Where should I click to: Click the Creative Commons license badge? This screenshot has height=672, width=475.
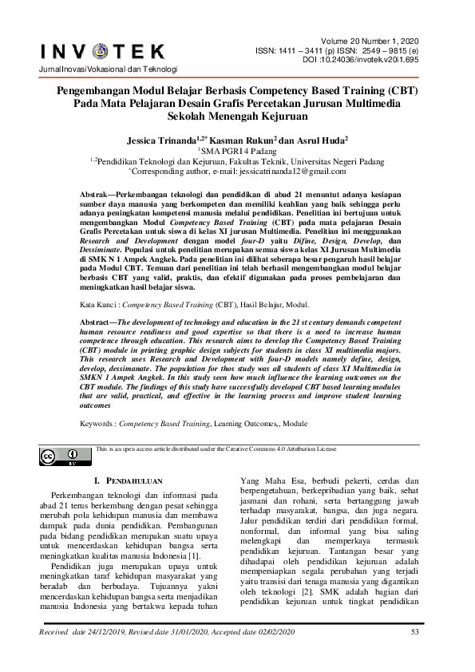coord(54,457)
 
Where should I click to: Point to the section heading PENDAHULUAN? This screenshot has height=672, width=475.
coord(132,481)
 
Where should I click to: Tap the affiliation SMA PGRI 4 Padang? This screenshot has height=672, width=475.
coord(237,149)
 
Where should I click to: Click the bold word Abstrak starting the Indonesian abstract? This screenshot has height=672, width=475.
coord(101,195)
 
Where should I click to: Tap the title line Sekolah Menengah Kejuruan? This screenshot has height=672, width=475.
coord(237,116)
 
